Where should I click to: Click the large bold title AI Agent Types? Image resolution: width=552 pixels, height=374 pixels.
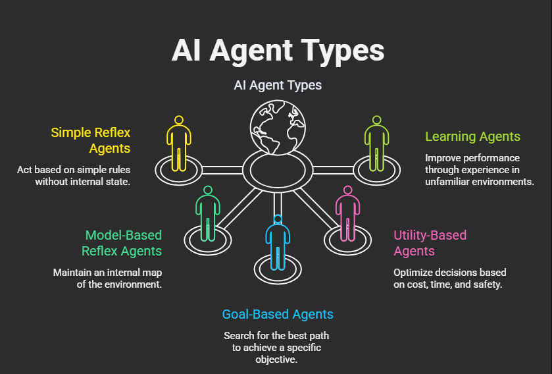click(277, 50)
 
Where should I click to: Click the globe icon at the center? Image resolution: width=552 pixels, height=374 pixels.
click(277, 125)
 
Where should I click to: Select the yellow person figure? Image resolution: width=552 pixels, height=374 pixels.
click(178, 144)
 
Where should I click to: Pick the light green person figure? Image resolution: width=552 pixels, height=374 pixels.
click(376, 144)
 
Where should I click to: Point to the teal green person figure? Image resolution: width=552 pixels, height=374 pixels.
click(208, 214)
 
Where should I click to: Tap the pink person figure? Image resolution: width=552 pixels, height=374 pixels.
click(345, 214)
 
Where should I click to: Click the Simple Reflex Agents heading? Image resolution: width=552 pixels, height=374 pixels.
click(91, 140)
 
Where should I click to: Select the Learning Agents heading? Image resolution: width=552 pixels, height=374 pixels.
click(472, 137)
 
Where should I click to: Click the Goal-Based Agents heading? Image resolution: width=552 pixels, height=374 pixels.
click(277, 314)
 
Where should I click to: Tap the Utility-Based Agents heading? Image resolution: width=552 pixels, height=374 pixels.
click(430, 243)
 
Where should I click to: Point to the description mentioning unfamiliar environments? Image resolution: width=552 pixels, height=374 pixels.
click(479, 170)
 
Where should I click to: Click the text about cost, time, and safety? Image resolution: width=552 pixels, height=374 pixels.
click(450, 279)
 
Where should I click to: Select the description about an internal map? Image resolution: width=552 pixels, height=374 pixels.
click(107, 279)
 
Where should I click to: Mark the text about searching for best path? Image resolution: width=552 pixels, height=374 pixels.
click(277, 348)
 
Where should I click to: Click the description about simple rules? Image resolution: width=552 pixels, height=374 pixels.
click(74, 175)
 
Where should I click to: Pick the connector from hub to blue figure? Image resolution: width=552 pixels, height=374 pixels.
click(277, 204)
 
